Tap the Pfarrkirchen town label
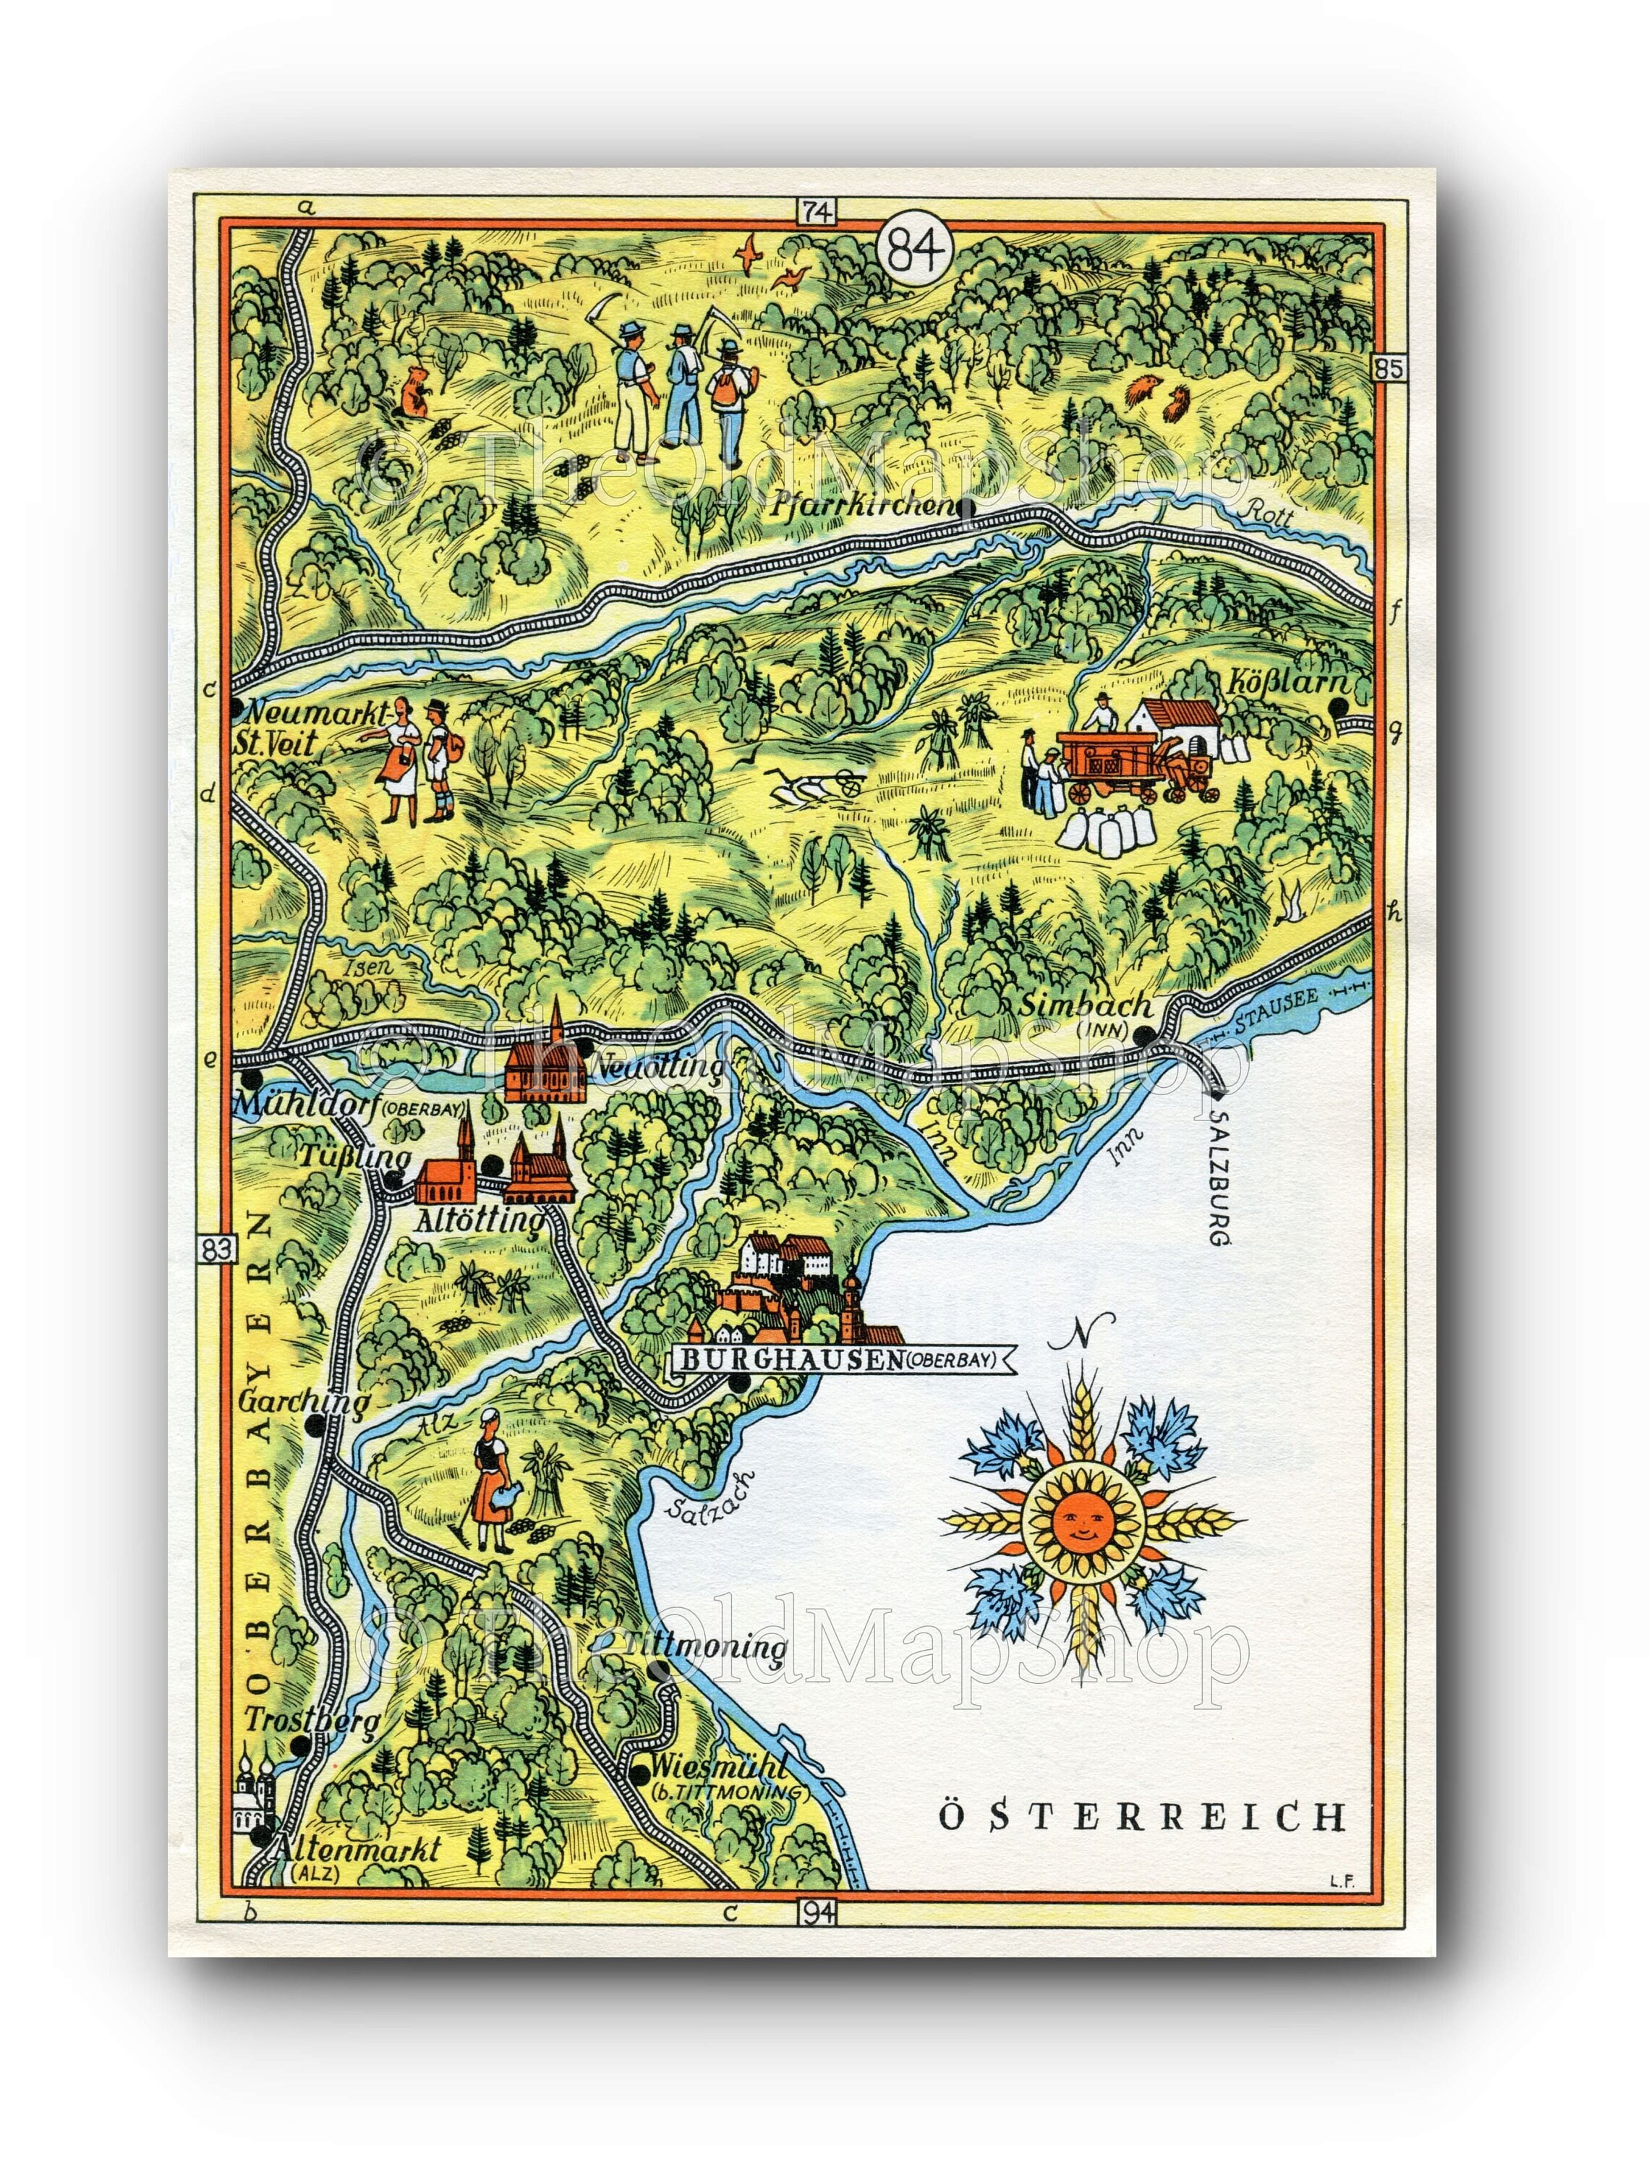[x=861, y=507]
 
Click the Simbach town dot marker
[x=1143, y=1034]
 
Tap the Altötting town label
[x=479, y=1221]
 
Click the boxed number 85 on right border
[x=1390, y=369]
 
